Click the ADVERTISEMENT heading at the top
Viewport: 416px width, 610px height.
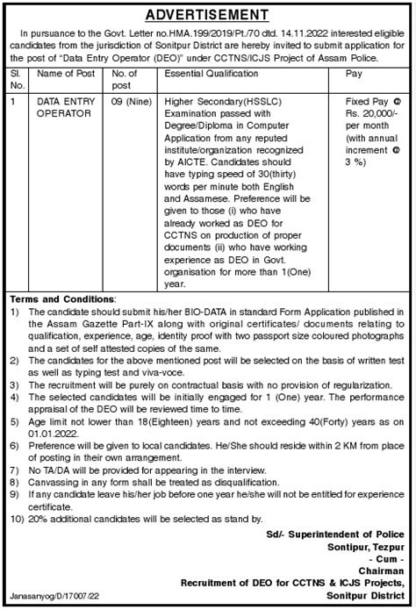[207, 15]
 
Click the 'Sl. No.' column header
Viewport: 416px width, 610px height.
[15, 80]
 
